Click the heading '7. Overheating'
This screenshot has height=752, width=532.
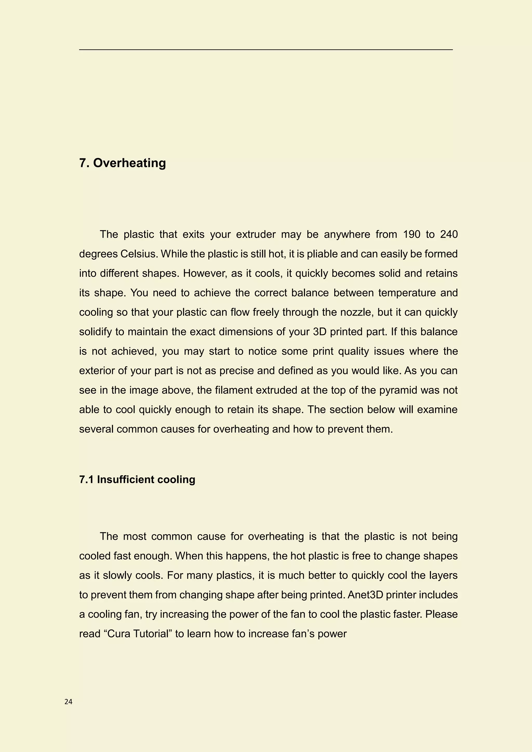[x=123, y=163]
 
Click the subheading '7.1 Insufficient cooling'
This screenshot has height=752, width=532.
[x=137, y=480]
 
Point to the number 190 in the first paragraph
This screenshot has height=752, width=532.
[x=411, y=234]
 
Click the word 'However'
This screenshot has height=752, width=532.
[x=204, y=273]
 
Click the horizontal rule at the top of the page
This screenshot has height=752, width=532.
[x=266, y=49]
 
